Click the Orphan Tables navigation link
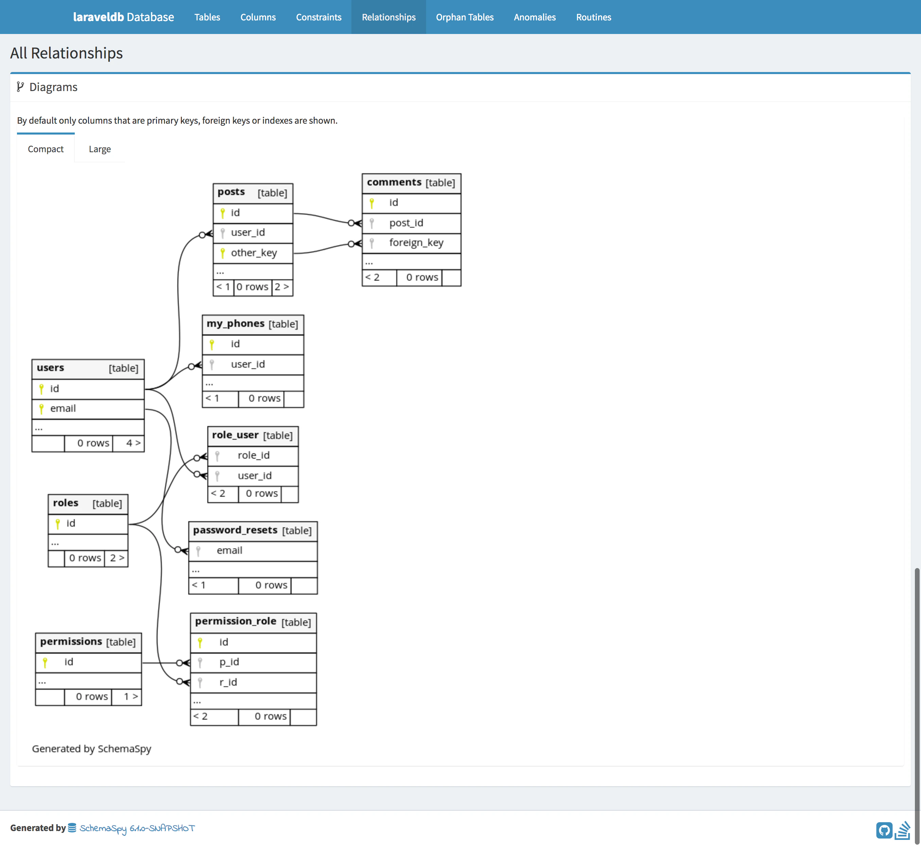tap(464, 17)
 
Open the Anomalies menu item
tap(535, 17)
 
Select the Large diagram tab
tap(99, 149)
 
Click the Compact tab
tap(45, 149)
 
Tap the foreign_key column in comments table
tap(416, 243)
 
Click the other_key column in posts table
tap(254, 253)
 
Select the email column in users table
tap(63, 408)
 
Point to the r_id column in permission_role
tap(228, 682)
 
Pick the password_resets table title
tap(235, 530)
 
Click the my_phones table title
tap(236, 324)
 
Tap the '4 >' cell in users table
tap(133, 443)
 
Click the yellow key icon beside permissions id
tap(45, 662)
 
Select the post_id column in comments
tap(406, 223)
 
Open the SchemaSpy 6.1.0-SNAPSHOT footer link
tap(137, 828)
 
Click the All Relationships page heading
tap(66, 53)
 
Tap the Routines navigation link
tap(593, 17)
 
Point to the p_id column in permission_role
tap(229, 662)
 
